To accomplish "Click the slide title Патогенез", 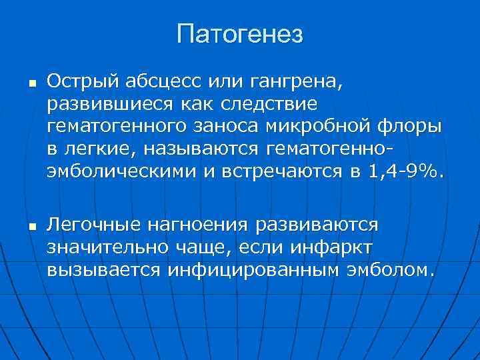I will (x=240, y=34).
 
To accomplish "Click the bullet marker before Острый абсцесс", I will (x=22, y=83).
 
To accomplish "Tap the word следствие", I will (x=267, y=104).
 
